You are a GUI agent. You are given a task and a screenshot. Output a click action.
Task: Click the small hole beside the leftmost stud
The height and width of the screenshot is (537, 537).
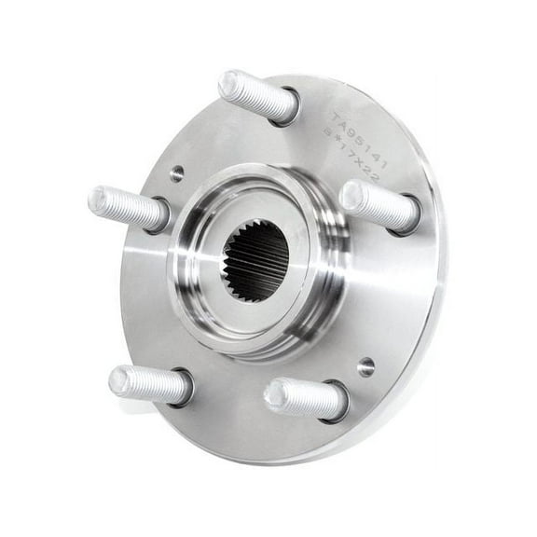pyautogui.click(x=177, y=172)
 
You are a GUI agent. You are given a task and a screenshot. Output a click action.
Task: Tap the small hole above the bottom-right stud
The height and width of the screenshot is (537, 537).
pyautogui.click(x=365, y=366)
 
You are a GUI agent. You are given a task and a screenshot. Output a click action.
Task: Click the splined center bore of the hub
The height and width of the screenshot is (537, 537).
pyautogui.click(x=255, y=260)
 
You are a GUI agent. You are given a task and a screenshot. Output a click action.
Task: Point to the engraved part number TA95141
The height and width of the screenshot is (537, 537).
pyautogui.click(x=360, y=141)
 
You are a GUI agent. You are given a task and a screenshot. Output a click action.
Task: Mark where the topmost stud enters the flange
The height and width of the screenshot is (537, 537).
pyautogui.click(x=288, y=107)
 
